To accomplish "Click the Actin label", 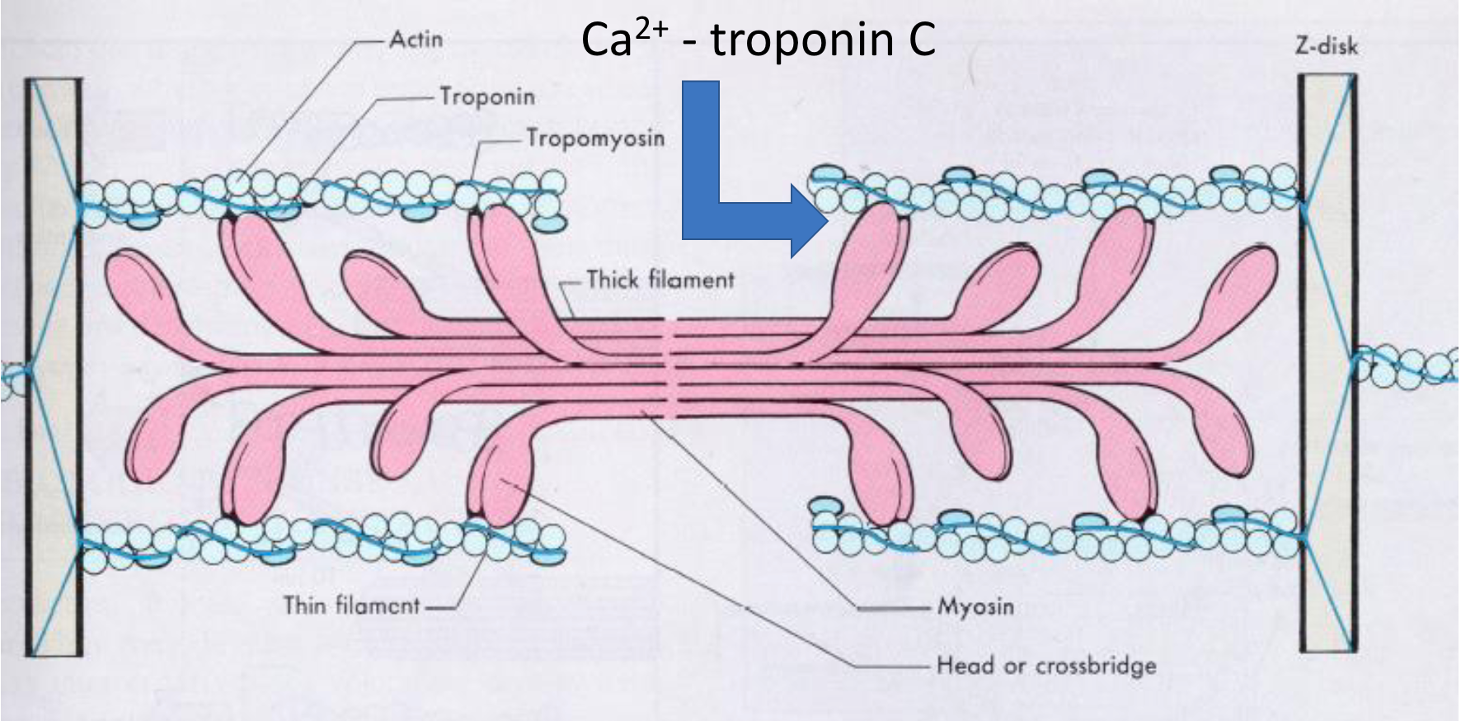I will tap(416, 39).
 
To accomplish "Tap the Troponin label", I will tap(486, 97).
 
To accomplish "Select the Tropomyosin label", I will tap(595, 138).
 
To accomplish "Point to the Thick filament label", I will tap(660, 280).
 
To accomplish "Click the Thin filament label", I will tap(352, 606).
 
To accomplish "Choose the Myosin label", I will tap(975, 606).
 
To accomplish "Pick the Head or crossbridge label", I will tap(1046, 665).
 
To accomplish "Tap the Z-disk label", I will tap(1326, 46).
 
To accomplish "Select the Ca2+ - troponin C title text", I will tap(759, 39).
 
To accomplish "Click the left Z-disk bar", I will tap(54, 367).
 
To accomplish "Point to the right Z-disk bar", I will tap(1327, 363).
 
